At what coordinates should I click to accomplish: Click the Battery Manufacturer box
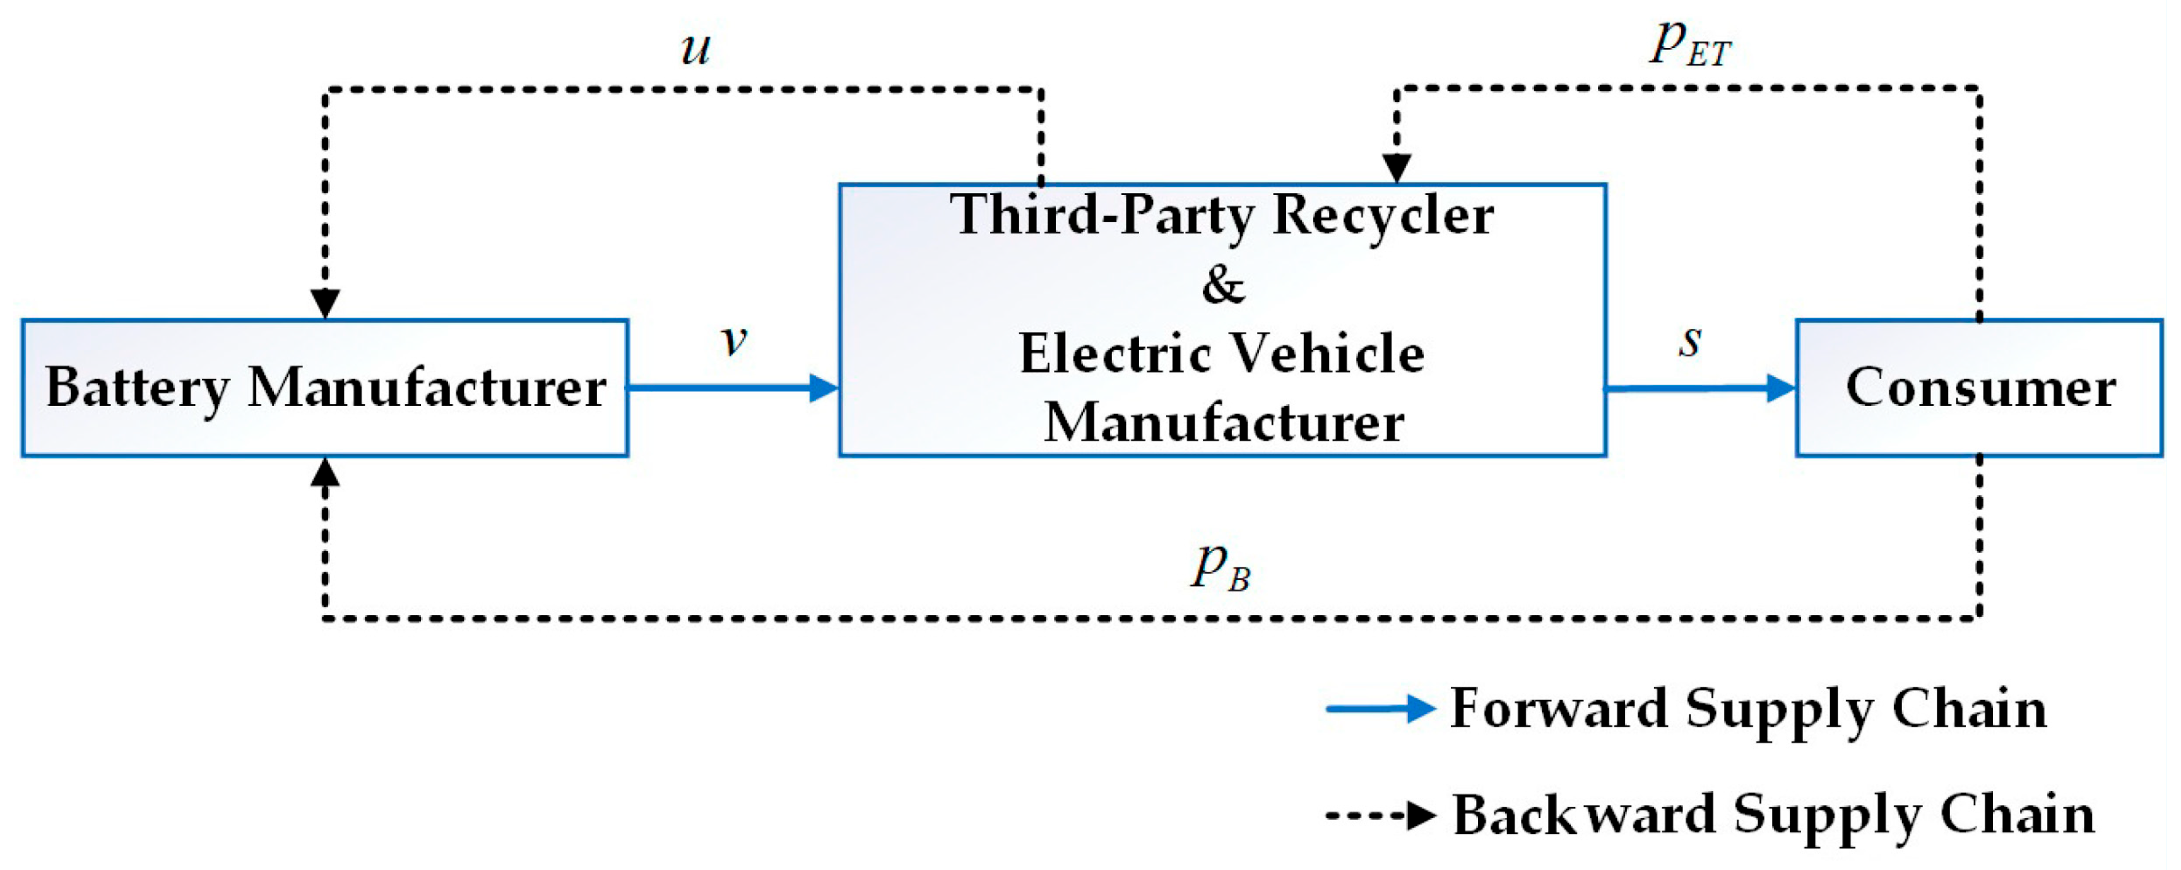pos(325,388)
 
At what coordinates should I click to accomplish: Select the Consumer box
pos(1978,388)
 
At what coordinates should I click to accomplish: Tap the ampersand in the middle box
pos(1222,285)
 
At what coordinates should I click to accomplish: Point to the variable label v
pos(733,340)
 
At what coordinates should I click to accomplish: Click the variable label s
pos(1690,340)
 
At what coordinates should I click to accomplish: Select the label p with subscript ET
pos(1690,42)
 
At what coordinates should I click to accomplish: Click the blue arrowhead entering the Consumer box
pos(1780,388)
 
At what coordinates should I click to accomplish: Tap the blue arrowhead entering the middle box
pos(823,388)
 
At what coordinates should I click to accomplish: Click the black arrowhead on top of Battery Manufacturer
pos(325,303)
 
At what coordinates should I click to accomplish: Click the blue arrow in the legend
pos(1380,708)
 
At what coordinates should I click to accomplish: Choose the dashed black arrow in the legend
pos(1380,816)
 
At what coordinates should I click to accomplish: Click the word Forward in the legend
pos(1559,708)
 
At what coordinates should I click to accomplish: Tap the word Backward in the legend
pos(1583,816)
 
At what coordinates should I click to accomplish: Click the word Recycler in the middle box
pos(1383,215)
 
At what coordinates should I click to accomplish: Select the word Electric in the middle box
pos(1115,354)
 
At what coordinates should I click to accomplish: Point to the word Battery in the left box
pos(137,388)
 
